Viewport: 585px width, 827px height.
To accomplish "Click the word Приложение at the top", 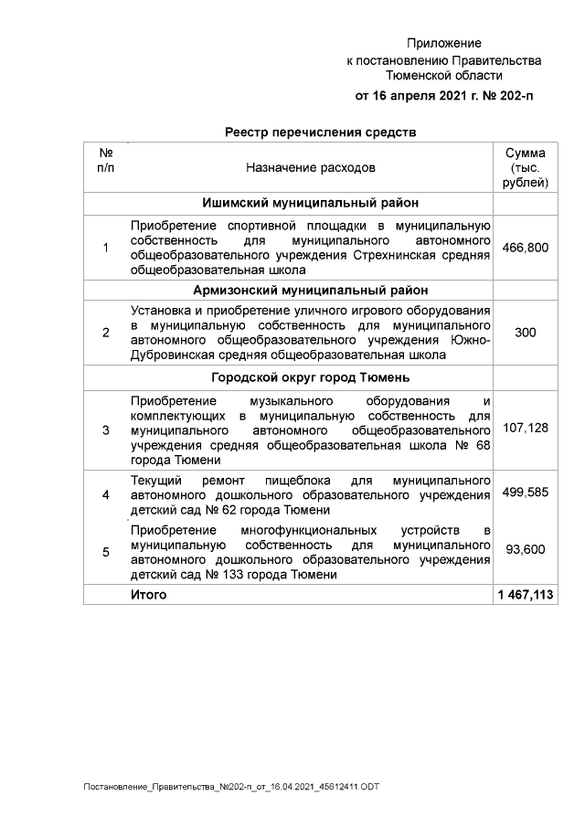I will click(x=443, y=43).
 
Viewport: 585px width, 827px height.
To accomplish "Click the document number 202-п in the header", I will click(x=512, y=95).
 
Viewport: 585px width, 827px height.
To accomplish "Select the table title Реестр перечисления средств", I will click(x=320, y=132).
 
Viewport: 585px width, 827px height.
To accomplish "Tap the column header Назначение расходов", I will click(x=310, y=168).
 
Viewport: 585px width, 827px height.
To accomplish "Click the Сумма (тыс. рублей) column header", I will click(x=526, y=168).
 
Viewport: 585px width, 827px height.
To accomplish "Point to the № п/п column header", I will click(x=105, y=161).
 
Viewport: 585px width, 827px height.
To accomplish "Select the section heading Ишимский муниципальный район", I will click(x=310, y=203).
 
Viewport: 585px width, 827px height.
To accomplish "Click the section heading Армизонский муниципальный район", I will click(x=310, y=291).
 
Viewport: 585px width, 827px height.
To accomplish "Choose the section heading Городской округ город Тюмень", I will click(x=310, y=377).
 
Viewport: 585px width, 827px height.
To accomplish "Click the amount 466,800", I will click(x=526, y=248).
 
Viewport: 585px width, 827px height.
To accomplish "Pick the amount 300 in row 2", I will click(x=526, y=334).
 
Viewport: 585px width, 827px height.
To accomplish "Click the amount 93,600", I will click(x=526, y=551).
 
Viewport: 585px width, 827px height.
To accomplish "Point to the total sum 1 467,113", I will click(x=526, y=595).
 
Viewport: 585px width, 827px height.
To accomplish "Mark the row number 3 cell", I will click(x=105, y=429).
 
